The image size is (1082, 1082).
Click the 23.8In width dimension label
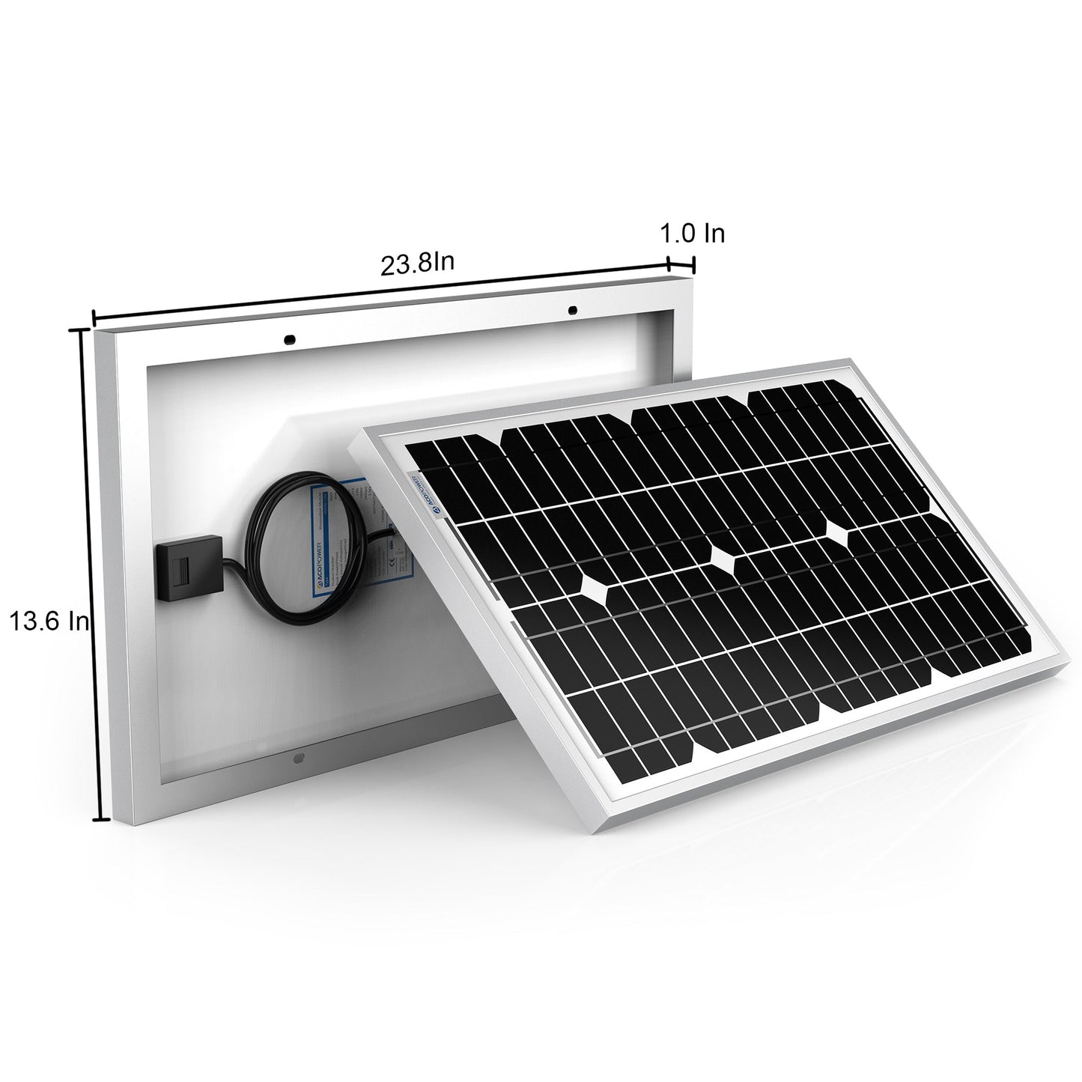click(419, 264)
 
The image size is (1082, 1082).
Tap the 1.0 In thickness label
click(692, 234)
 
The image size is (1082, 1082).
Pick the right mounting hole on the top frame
click(572, 309)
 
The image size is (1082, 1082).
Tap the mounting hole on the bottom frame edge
click(299, 758)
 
